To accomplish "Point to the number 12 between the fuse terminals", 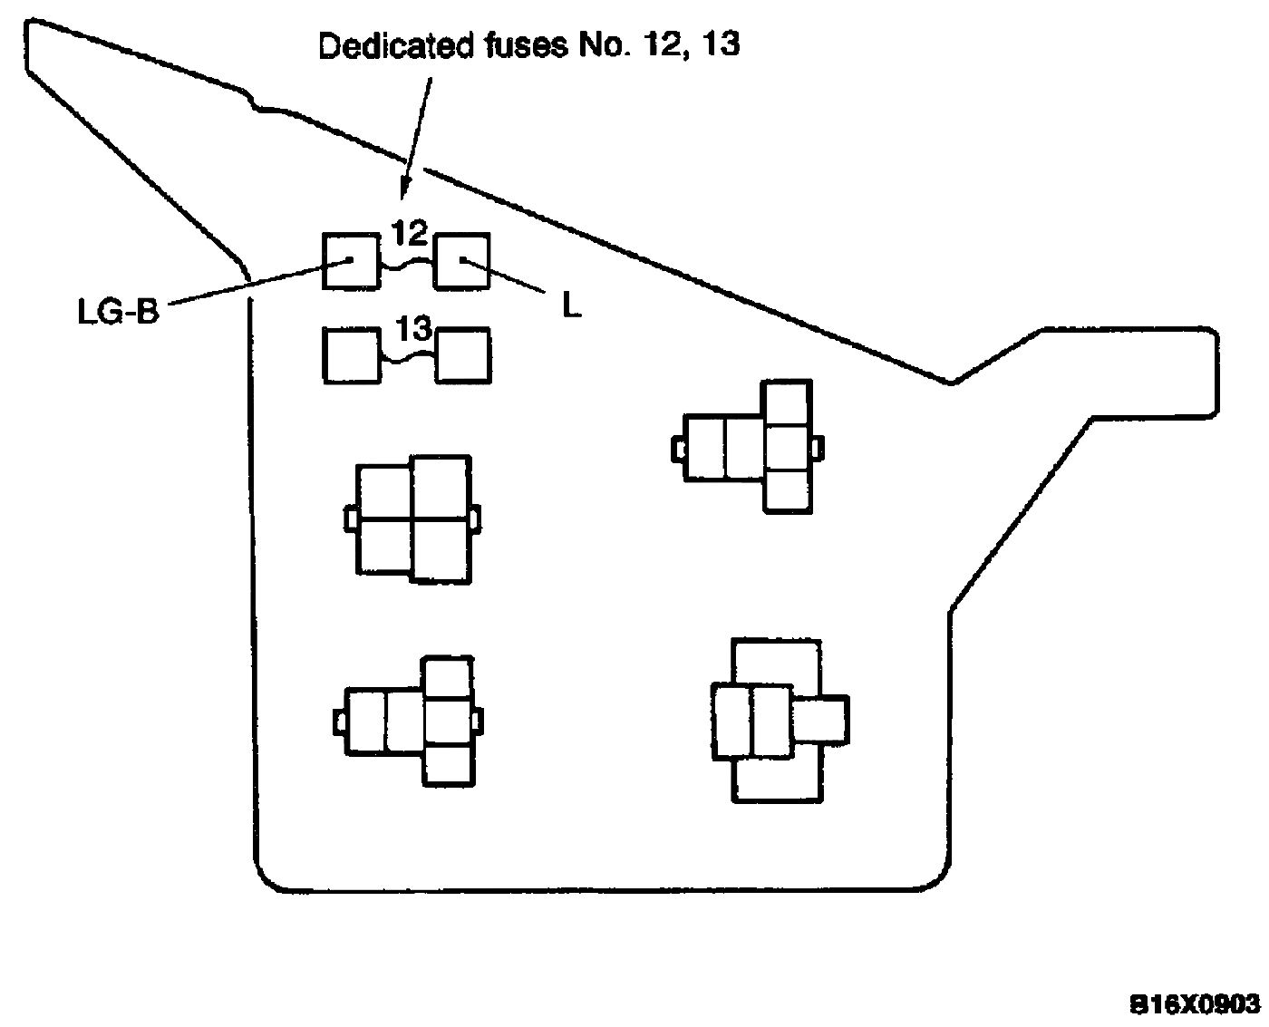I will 410,234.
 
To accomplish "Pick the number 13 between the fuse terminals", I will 412,329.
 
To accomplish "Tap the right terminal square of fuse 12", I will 462,261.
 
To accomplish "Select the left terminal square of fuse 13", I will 352,355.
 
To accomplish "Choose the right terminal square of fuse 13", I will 463,355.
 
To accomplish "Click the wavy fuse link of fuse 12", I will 407,263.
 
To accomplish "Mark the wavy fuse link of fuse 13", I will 407,359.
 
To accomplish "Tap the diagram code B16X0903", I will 1195,1003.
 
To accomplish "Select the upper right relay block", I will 749,446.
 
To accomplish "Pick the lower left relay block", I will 413,721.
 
